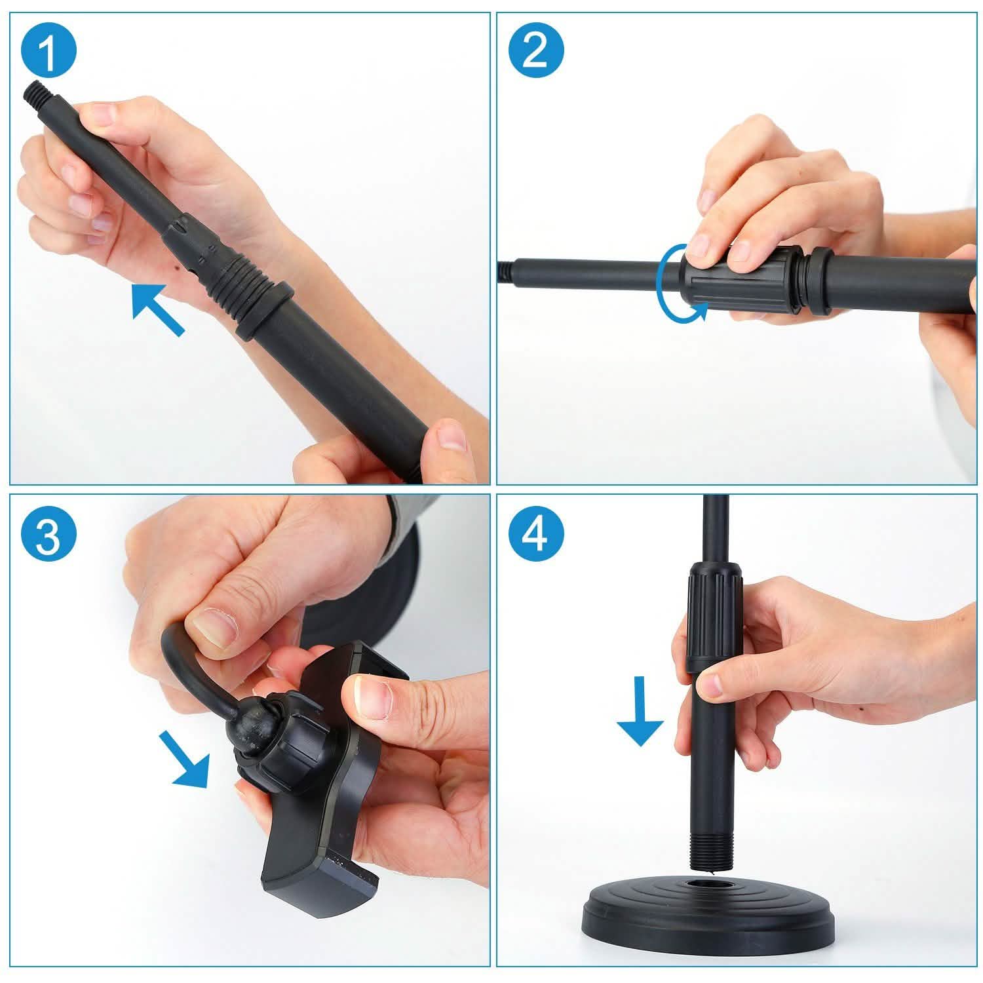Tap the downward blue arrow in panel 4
click(640, 714)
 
